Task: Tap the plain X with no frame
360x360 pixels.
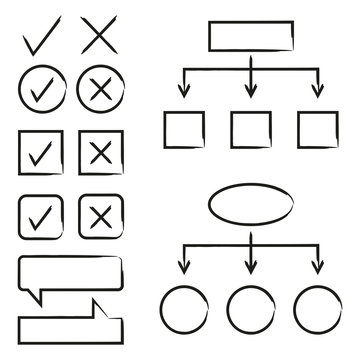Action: click(x=97, y=38)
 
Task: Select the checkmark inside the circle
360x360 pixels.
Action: click(x=42, y=91)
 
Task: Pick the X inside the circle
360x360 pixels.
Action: click(x=98, y=91)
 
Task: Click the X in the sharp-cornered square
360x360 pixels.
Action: click(x=98, y=153)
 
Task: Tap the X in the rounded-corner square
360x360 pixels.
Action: click(x=98, y=215)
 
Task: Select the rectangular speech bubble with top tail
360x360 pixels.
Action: click(x=72, y=318)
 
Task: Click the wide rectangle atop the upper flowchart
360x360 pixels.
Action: click(x=249, y=36)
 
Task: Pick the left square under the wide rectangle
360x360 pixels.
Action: click(x=183, y=129)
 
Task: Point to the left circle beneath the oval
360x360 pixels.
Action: click(x=183, y=313)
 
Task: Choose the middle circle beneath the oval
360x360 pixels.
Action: click(x=250, y=313)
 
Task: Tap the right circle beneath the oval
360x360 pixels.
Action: click(x=316, y=313)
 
